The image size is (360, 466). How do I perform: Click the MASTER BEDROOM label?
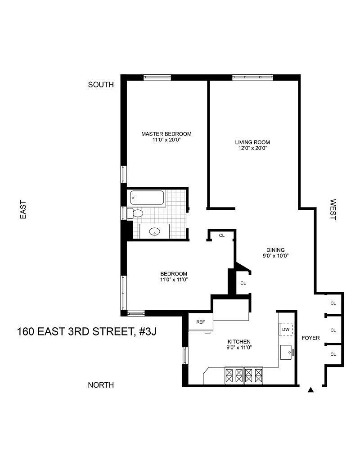[x=166, y=134]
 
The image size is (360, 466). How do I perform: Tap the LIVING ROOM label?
[x=252, y=142]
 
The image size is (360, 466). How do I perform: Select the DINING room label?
[x=275, y=250]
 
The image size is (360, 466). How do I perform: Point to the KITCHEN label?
[x=239, y=342]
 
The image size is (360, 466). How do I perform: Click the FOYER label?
[x=310, y=338]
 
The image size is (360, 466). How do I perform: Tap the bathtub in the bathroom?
[x=147, y=198]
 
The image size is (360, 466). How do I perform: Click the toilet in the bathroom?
[x=135, y=213]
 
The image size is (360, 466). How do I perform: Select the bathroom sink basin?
[x=155, y=231]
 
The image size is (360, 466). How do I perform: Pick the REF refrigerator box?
[x=201, y=322]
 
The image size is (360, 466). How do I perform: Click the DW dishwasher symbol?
[x=286, y=329]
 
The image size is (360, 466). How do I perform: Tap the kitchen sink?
[x=287, y=353]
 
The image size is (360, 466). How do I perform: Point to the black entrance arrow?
[x=310, y=390]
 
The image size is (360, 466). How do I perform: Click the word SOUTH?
[x=101, y=85]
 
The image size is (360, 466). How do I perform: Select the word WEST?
[x=333, y=209]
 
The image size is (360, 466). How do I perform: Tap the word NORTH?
[x=101, y=385]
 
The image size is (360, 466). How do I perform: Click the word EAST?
[x=23, y=210]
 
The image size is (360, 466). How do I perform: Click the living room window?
[x=252, y=77]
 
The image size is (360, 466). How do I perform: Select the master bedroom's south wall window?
[x=157, y=77]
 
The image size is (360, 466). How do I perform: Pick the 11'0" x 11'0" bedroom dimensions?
[x=174, y=280]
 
